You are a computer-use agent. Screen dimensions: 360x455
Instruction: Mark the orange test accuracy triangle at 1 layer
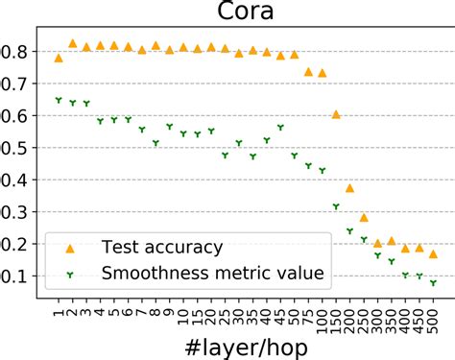[x=60, y=58]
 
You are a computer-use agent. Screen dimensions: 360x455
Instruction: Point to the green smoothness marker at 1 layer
[x=60, y=100]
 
